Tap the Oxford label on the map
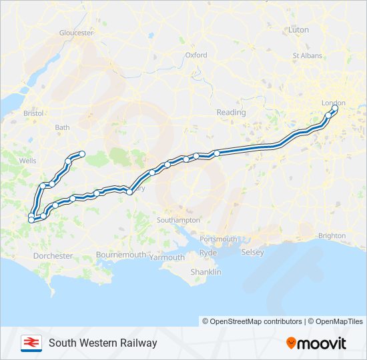[x=196, y=55]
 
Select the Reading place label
[x=231, y=113]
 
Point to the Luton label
[x=298, y=30]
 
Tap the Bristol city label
[x=33, y=114]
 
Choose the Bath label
[x=62, y=127]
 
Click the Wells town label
[x=28, y=161]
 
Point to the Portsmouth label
[x=218, y=239]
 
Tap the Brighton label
[x=332, y=235]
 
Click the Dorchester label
[x=53, y=256]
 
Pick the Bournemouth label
[x=121, y=255]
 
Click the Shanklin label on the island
[x=206, y=273]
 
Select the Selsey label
[x=253, y=253]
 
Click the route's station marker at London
[x=334, y=108]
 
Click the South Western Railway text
[x=103, y=343]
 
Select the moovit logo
[x=316, y=343]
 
